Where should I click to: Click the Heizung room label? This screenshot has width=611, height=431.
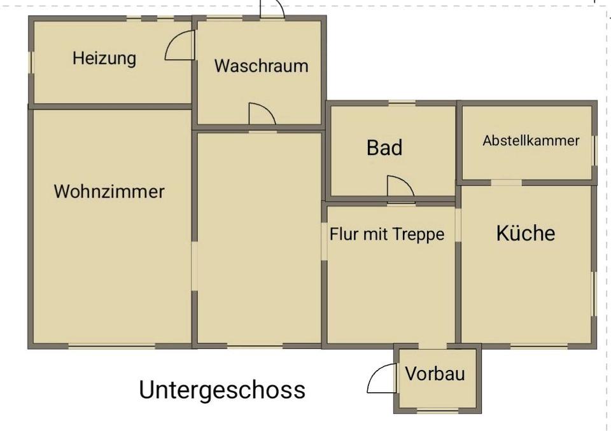tap(104, 58)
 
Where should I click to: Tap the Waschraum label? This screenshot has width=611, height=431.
tap(261, 65)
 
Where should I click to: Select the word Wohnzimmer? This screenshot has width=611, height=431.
tap(109, 191)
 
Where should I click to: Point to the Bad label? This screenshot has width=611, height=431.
tap(384, 147)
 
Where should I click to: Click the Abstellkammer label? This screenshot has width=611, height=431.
tap(531, 140)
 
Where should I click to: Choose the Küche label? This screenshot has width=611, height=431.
tap(525, 233)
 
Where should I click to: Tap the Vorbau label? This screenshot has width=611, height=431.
tap(435, 374)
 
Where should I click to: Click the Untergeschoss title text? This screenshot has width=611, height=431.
tap(222, 390)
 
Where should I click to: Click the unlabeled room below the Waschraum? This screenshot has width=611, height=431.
tap(258, 238)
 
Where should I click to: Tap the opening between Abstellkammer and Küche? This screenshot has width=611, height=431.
tap(506, 182)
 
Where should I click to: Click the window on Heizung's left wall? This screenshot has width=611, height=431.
tap(30, 62)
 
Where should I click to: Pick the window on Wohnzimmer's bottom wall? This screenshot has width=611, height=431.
tap(111, 346)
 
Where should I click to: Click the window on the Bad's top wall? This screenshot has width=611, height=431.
tap(402, 102)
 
